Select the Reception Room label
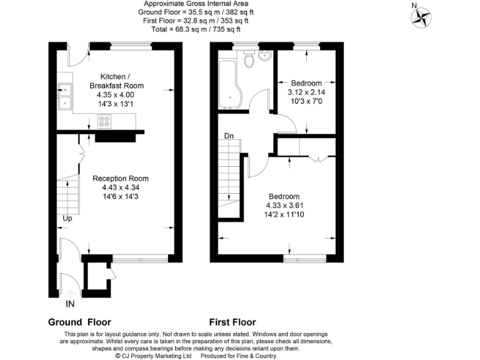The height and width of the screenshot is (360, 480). point(125,178)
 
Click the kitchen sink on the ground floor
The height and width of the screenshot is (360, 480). point(65,97)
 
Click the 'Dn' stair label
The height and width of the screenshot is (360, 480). point(229,136)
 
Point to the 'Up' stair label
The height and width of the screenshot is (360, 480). point(67,219)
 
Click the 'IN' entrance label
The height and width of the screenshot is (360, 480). point(71,304)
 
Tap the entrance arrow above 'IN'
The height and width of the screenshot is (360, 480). point(71,292)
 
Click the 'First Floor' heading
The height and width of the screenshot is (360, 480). point(232,322)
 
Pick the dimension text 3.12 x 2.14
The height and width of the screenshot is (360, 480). point(306,92)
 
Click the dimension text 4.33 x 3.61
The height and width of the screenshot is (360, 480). point(284,205)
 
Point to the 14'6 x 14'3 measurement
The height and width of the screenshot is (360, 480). point(125,196)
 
